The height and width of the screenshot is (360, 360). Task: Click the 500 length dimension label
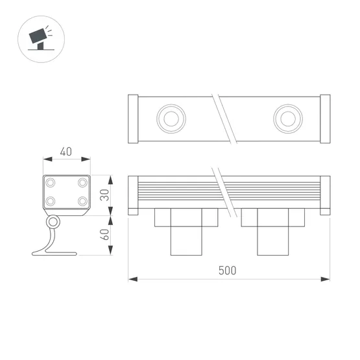coord(228,270)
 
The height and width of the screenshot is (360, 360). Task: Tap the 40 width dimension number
coord(66,152)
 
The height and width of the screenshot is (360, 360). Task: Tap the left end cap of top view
coord(134,119)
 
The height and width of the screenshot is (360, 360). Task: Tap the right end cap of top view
coord(325,119)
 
